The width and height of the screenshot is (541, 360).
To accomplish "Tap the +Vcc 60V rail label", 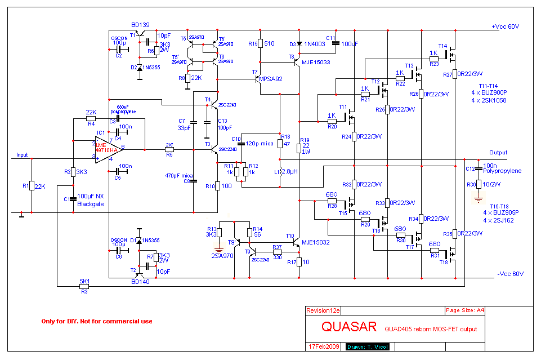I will point(505,26).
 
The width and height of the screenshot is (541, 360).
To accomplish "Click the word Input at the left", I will point(22,155).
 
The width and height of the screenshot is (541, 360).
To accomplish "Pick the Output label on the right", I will point(498,153).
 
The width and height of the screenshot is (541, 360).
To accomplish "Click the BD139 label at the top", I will point(140,25).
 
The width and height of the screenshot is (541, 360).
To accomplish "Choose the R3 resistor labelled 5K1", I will point(84,286).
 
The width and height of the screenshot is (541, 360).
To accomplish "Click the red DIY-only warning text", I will point(97,321).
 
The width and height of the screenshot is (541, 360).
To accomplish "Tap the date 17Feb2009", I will point(324,346).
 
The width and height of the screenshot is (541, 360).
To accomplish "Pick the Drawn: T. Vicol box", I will point(367,346).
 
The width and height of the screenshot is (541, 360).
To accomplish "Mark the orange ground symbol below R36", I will point(478,198).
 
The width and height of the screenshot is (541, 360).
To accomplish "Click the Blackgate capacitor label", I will point(90,204).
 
